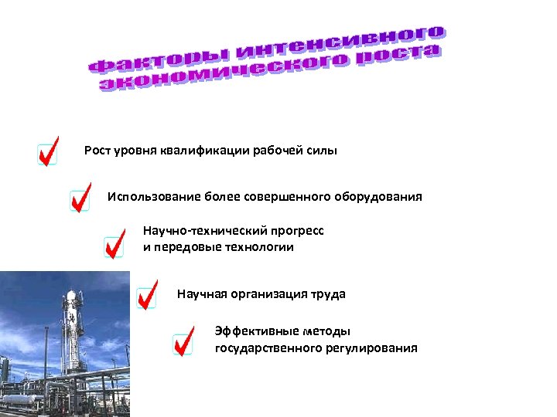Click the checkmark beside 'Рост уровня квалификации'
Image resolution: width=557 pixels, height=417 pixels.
[48, 151]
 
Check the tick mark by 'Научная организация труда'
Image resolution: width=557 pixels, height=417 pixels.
[147, 294]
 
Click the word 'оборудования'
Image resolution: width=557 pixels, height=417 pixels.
[384, 196]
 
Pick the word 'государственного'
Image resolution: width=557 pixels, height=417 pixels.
[268, 348]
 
